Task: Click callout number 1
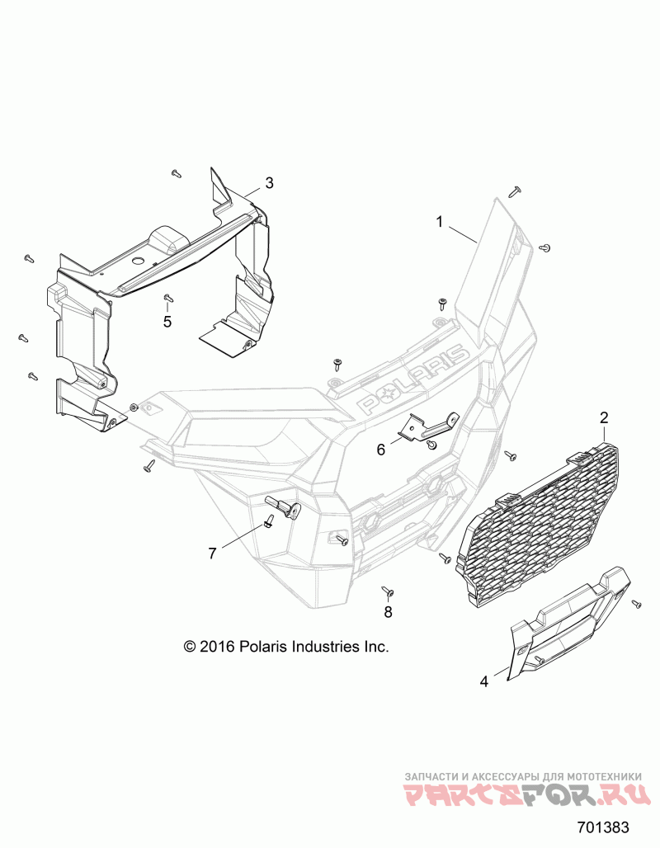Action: (440, 221)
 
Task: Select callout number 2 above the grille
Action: (604, 417)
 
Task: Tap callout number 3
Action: (269, 182)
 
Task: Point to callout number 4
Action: (484, 681)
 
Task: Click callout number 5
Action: (167, 322)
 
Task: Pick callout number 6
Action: (381, 450)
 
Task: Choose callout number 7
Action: (213, 554)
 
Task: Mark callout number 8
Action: (388, 612)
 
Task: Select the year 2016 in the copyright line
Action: (218, 647)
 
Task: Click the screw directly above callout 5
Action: (167, 298)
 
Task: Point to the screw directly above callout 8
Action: (386, 590)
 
